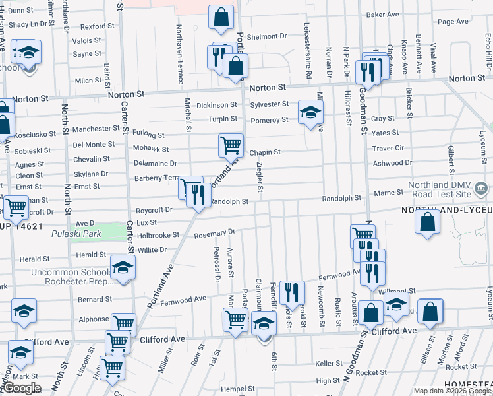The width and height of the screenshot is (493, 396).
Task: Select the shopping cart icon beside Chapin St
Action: click(x=231, y=145)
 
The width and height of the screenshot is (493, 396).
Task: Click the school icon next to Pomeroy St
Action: click(x=310, y=112)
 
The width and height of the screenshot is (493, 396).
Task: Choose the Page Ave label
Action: click(x=453, y=22)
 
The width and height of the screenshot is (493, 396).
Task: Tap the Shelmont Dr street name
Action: click(x=268, y=36)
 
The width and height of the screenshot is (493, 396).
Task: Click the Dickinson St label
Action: click(x=216, y=105)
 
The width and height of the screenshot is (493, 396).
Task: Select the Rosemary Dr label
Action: click(x=214, y=232)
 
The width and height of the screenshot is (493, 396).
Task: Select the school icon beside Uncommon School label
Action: click(x=123, y=267)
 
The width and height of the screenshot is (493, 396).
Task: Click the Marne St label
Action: click(x=389, y=192)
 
